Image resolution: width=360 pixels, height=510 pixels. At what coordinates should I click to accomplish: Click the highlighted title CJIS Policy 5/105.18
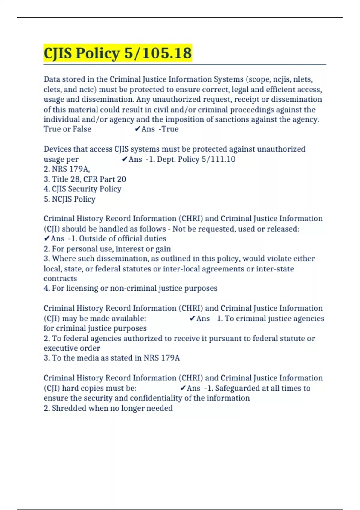pyautogui.click(x=118, y=53)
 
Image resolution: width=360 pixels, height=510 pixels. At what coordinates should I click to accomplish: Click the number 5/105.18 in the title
pyautogui.click(x=158, y=53)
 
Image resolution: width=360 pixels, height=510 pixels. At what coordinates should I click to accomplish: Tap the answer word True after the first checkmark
pyautogui.click(x=170, y=129)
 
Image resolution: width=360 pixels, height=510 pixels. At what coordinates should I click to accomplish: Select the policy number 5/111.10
pyautogui.click(x=218, y=159)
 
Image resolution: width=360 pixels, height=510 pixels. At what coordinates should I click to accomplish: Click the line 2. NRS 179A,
pyautogui.click(x=67, y=169)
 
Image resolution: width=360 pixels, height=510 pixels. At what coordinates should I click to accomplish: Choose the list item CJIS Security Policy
pyautogui.click(x=86, y=189)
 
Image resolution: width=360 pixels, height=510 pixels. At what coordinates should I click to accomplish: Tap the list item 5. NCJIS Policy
pyautogui.click(x=70, y=199)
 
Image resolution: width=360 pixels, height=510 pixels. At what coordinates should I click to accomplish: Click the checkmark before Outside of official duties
pyautogui.click(x=46, y=238)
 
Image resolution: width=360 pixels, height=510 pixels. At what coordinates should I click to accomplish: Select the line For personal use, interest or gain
pyautogui.click(x=111, y=249)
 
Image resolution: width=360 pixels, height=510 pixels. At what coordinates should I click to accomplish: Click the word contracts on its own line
pyautogui.click(x=60, y=278)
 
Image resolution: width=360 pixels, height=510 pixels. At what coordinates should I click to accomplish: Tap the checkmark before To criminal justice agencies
pyautogui.click(x=193, y=318)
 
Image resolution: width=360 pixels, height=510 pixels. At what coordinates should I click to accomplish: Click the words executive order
pyautogui.click(x=72, y=348)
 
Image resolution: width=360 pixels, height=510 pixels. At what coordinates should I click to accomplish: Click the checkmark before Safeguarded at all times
pyautogui.click(x=183, y=388)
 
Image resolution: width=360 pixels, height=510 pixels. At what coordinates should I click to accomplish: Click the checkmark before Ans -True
pyautogui.click(x=137, y=129)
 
